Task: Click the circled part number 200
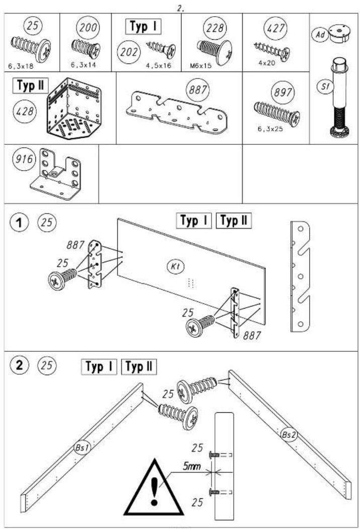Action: point(88,27)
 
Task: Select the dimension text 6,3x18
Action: point(21,66)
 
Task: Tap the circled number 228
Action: point(215,27)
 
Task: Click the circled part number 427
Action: point(275,28)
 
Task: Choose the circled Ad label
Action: point(320,34)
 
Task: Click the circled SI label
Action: point(325,87)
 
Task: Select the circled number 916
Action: point(24,159)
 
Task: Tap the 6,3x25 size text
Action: point(270,129)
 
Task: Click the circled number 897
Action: point(283,92)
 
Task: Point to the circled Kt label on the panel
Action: point(175,267)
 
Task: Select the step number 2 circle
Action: point(19,365)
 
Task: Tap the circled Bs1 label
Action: point(83,447)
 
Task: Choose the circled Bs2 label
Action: point(289,435)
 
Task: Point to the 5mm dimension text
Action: point(192,467)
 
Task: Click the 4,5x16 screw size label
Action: point(159,65)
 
